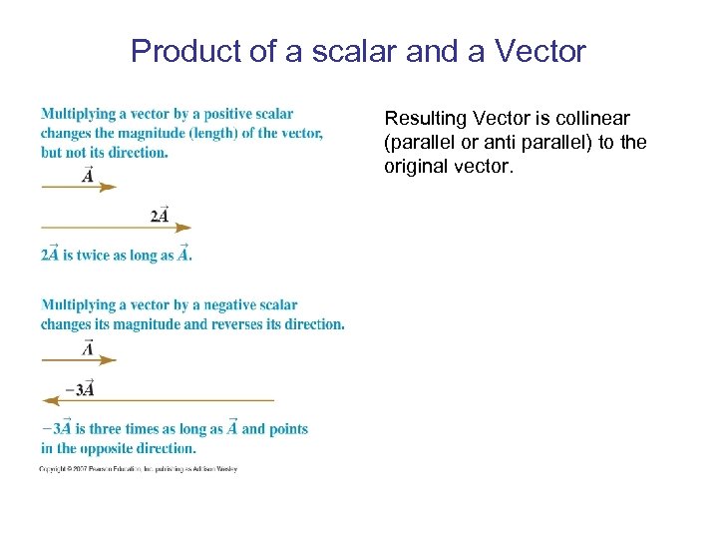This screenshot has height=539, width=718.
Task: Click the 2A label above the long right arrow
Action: coord(160,215)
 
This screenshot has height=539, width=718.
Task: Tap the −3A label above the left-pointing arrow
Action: coord(80,388)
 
